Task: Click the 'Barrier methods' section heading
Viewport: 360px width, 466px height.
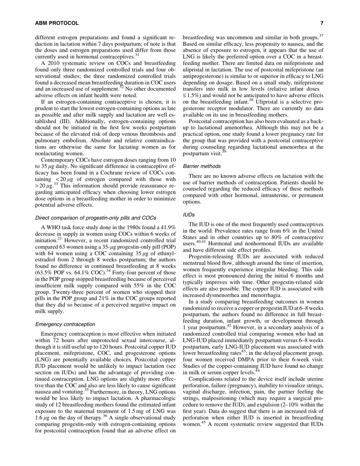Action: (x=202, y=166)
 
